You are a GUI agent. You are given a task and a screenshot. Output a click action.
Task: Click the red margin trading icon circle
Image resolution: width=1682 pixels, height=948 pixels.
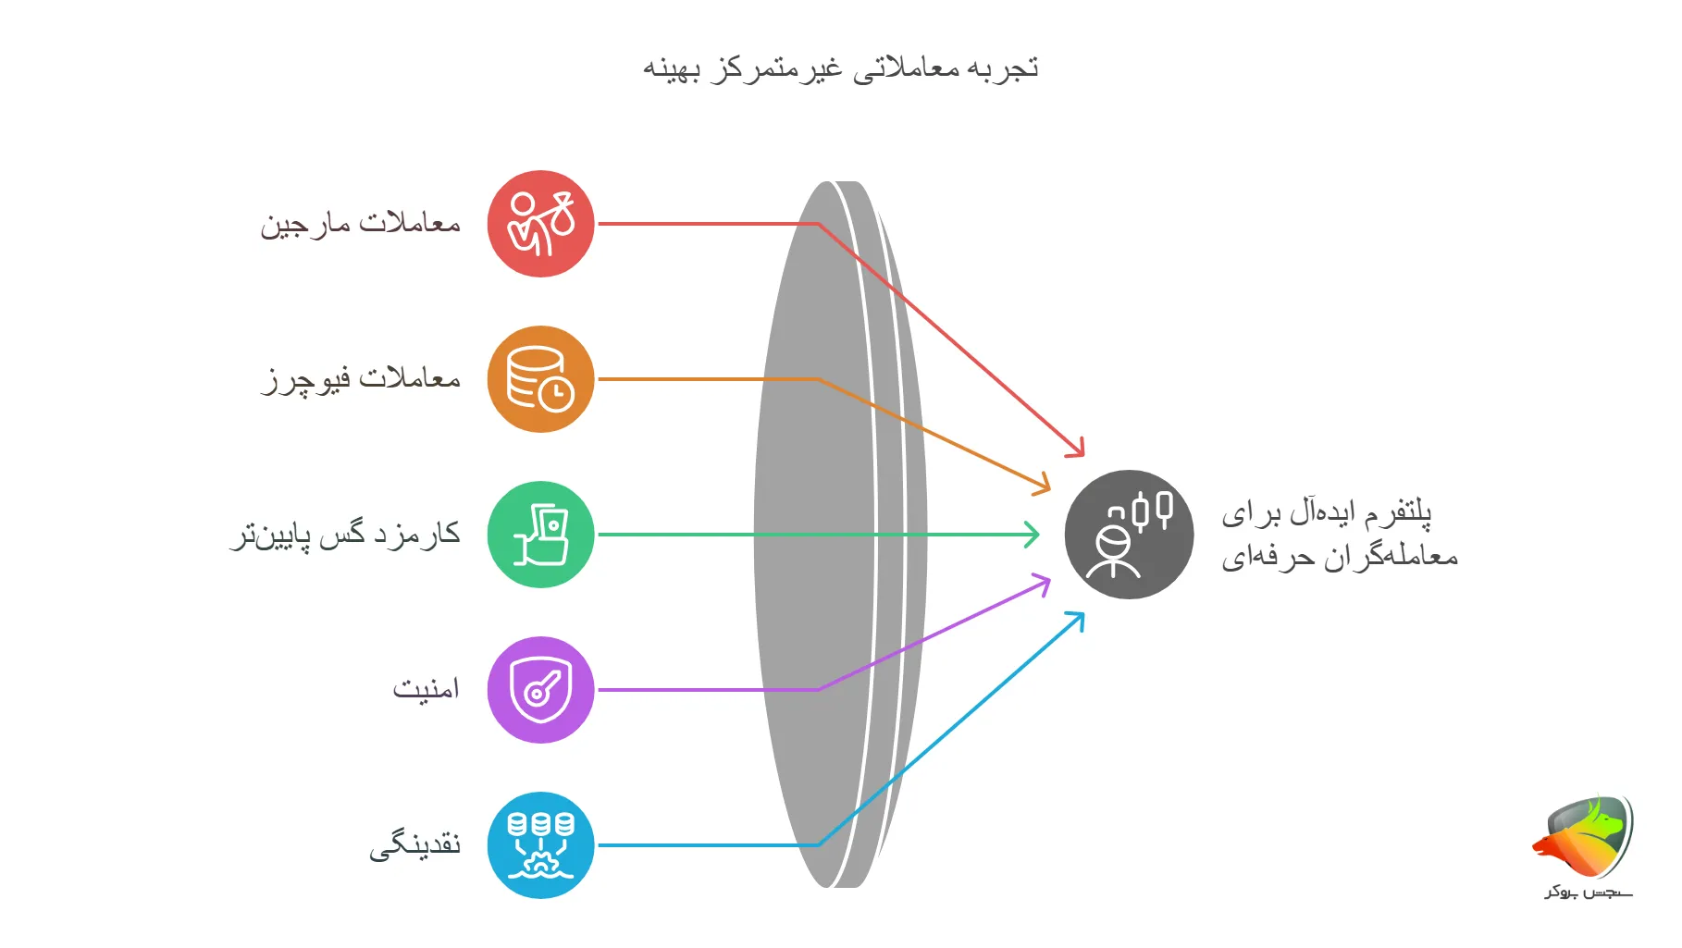pyautogui.click(x=540, y=224)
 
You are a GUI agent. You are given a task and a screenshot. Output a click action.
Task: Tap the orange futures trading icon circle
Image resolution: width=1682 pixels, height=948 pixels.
pyautogui.click(x=540, y=379)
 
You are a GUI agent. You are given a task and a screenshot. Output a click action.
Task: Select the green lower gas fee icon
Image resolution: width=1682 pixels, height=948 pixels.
pyautogui.click(x=540, y=535)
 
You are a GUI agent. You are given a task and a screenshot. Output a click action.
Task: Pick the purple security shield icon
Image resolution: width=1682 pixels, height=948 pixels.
pyautogui.click(x=540, y=690)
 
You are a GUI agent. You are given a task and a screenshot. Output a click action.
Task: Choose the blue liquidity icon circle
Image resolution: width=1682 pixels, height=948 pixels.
pyautogui.click(x=540, y=845)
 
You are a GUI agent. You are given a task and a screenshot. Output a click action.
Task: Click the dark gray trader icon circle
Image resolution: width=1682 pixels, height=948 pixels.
pyautogui.click(x=1129, y=535)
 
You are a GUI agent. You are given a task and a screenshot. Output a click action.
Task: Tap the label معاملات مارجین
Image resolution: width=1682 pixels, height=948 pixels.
pyautogui.click(x=360, y=224)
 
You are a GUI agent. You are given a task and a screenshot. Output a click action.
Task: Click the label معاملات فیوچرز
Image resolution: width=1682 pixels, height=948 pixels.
pyautogui.click(x=361, y=379)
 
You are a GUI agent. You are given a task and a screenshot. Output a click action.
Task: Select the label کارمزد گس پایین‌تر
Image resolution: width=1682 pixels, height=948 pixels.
pyautogui.click(x=345, y=535)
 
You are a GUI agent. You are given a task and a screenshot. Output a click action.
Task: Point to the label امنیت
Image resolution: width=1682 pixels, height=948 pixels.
pyautogui.click(x=426, y=689)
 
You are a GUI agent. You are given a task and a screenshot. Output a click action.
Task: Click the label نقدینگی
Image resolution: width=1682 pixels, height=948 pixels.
pyautogui.click(x=414, y=845)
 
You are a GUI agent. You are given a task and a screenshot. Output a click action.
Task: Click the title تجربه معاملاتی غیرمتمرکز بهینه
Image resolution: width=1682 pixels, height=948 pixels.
pyautogui.click(x=840, y=68)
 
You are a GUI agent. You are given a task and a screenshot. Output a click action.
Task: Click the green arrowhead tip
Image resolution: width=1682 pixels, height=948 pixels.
pyautogui.click(x=1035, y=535)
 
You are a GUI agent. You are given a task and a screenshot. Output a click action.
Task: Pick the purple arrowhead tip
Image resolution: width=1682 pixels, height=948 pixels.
pyautogui.click(x=1045, y=582)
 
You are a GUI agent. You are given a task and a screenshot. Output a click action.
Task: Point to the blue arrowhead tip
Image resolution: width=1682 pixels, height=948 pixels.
pyautogui.click(x=1079, y=617)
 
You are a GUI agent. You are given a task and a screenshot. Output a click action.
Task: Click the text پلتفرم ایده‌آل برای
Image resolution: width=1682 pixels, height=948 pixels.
pyautogui.click(x=1326, y=512)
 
